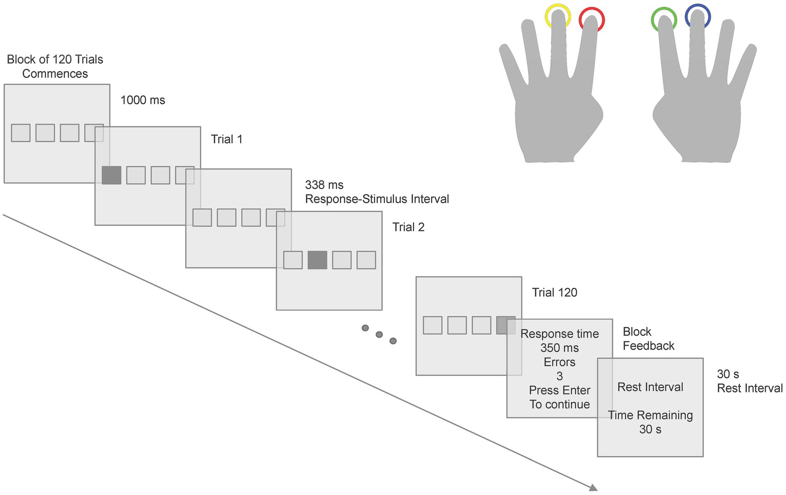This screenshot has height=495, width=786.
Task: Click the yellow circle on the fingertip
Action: pos(557,17)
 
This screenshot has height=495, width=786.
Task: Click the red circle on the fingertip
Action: pos(591,20)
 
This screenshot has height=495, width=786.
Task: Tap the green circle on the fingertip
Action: pos(664,19)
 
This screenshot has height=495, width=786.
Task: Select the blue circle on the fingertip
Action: pos(698,17)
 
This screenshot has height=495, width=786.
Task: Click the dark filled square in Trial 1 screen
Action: pos(112,175)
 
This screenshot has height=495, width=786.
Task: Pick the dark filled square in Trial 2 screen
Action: pos(317,260)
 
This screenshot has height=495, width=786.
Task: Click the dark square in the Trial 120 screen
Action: pos(505,325)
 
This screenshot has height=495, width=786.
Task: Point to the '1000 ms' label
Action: pos(143,100)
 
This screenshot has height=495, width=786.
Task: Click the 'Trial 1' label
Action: pos(226,139)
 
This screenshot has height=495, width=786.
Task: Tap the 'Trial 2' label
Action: pos(408,227)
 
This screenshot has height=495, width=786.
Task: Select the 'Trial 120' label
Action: pos(555,293)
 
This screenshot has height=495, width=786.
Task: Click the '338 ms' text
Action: pos(324,185)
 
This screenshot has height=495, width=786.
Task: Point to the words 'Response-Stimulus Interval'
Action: pos(377,199)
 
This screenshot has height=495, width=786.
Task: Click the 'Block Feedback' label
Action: pos(648,339)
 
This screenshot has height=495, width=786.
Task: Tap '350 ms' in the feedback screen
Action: pos(560,348)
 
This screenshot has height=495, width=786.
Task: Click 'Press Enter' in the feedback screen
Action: pos(560,390)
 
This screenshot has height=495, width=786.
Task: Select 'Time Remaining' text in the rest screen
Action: pos(650,415)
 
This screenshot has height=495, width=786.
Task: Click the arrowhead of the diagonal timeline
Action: pos(593,488)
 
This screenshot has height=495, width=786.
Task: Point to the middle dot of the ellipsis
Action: pos(379,334)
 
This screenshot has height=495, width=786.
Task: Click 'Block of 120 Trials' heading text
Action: pos(55,59)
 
